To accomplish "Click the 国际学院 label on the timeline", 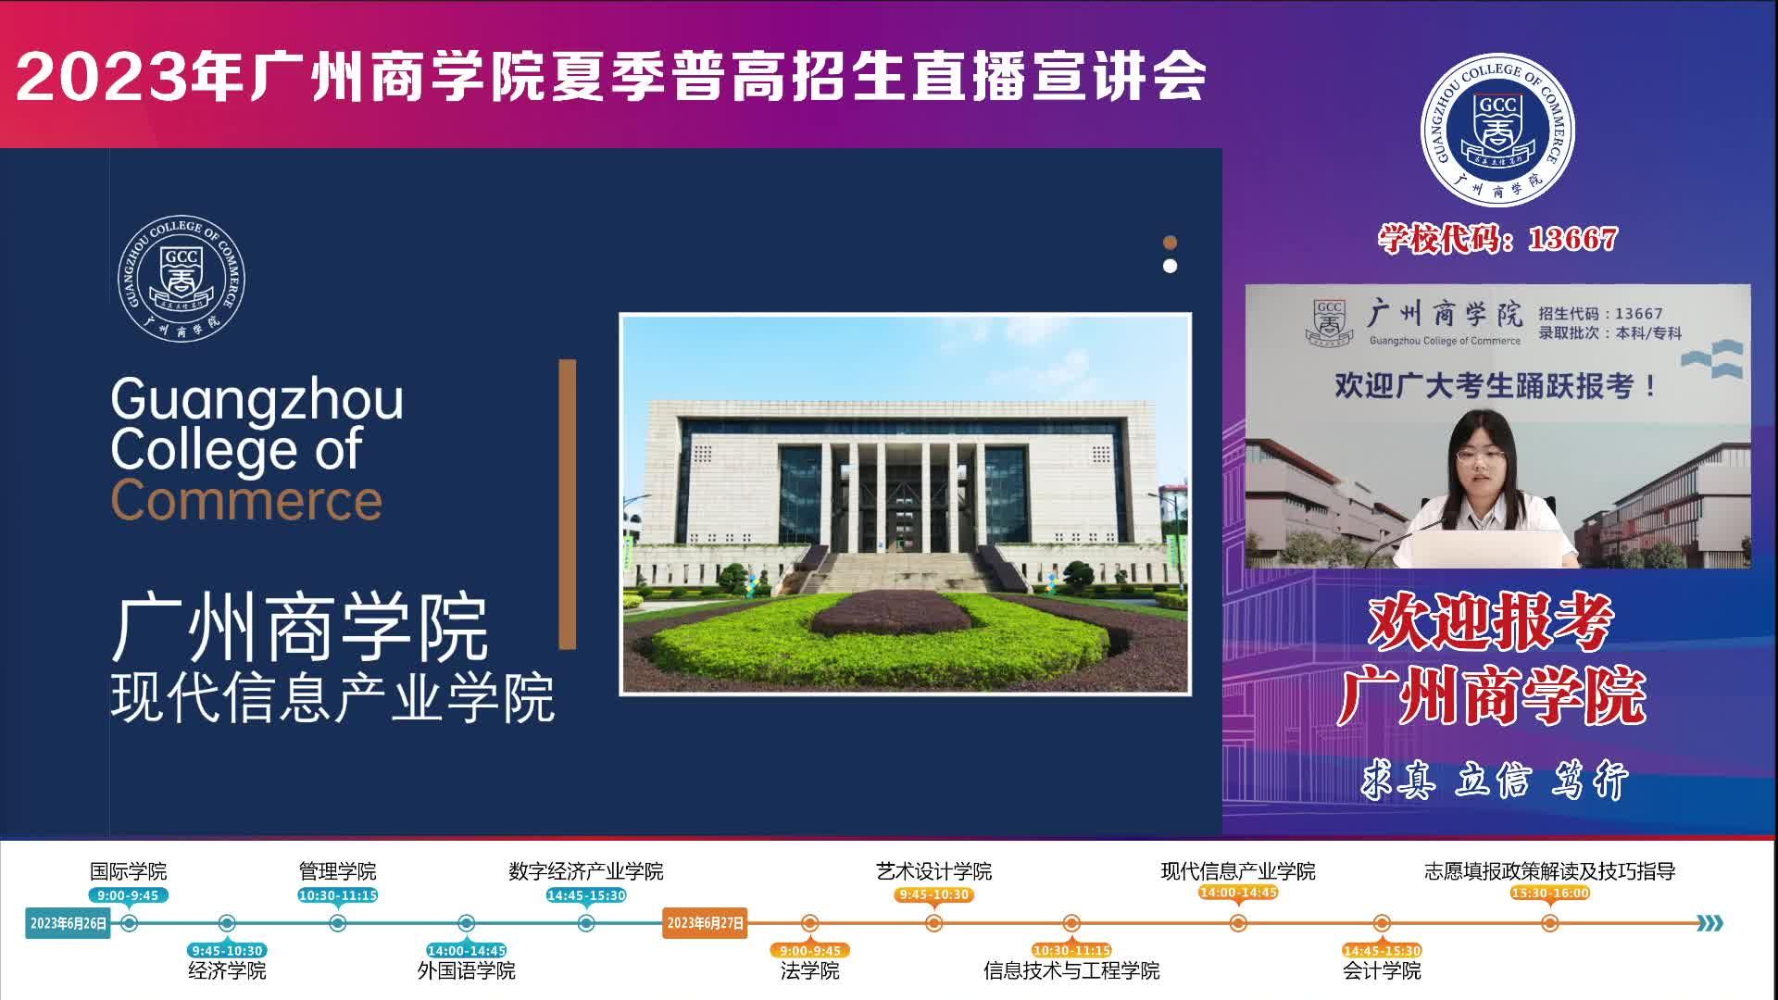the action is tap(129, 871).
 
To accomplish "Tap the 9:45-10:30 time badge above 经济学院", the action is tap(227, 950).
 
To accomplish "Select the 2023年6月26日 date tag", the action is tap(69, 923).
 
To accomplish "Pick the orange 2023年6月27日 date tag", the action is tap(705, 923).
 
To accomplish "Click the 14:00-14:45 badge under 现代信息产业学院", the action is tap(1238, 893).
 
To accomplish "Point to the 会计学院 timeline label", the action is tap(1382, 970).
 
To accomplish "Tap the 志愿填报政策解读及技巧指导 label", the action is tap(1550, 871).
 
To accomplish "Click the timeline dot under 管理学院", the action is tap(338, 923).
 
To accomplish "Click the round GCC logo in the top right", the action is tap(1497, 131).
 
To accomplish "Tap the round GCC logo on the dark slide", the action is tap(182, 279).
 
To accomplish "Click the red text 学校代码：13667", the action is tap(1497, 239).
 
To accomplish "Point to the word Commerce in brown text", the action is tap(246, 501).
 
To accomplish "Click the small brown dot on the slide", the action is tap(1170, 243).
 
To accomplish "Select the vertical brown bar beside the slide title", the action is tap(568, 505).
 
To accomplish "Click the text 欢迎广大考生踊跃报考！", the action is tap(1496, 385).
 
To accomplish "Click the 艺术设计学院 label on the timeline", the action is tap(933, 871).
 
